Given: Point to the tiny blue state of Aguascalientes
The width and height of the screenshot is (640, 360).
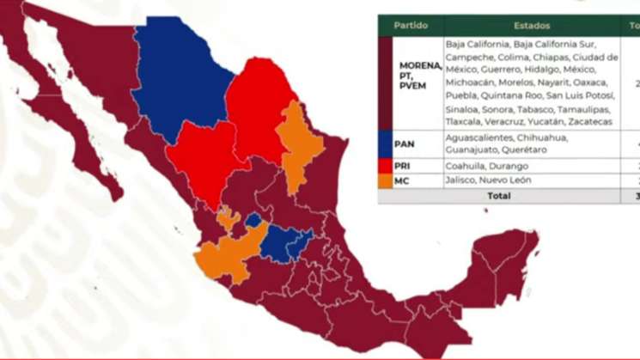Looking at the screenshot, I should click(253, 220).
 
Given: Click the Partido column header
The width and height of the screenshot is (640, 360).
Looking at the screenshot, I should click(411, 26).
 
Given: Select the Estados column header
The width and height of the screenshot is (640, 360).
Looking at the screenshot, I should click(533, 26).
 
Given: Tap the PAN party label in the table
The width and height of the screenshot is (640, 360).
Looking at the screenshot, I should click(404, 143).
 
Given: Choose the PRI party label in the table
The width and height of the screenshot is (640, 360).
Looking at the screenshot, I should click(403, 165).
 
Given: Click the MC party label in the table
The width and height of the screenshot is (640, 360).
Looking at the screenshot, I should click(402, 180).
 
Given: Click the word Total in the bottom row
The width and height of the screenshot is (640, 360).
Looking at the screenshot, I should click(499, 196).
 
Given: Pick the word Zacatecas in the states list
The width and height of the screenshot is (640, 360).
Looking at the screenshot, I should click(592, 122).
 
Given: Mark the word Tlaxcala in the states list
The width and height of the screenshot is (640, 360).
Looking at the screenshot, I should click(465, 122).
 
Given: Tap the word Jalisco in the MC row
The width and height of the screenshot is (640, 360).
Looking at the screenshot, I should click(464, 180).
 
